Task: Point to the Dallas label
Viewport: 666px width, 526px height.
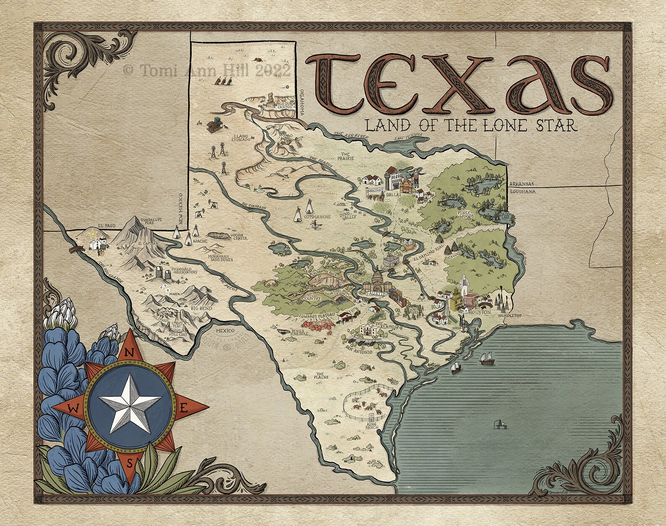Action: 395,195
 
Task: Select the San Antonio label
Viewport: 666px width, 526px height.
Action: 359,352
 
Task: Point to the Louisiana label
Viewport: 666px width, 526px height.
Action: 522,191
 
